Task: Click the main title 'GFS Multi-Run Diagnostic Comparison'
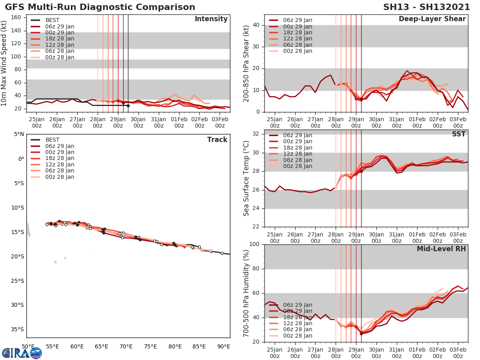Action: [100, 7]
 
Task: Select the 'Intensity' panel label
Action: [211, 19]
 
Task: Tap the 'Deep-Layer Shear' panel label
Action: [432, 19]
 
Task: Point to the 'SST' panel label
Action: [458, 134]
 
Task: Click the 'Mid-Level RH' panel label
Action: [441, 249]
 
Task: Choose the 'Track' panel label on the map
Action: [217, 140]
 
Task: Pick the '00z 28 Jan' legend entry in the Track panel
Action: [60, 177]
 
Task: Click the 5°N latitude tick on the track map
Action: [18, 134]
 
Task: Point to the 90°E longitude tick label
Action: [223, 346]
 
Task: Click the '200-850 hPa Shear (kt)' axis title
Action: [246, 63]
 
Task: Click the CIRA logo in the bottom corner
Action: [22, 353]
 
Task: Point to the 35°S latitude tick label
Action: [16, 329]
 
